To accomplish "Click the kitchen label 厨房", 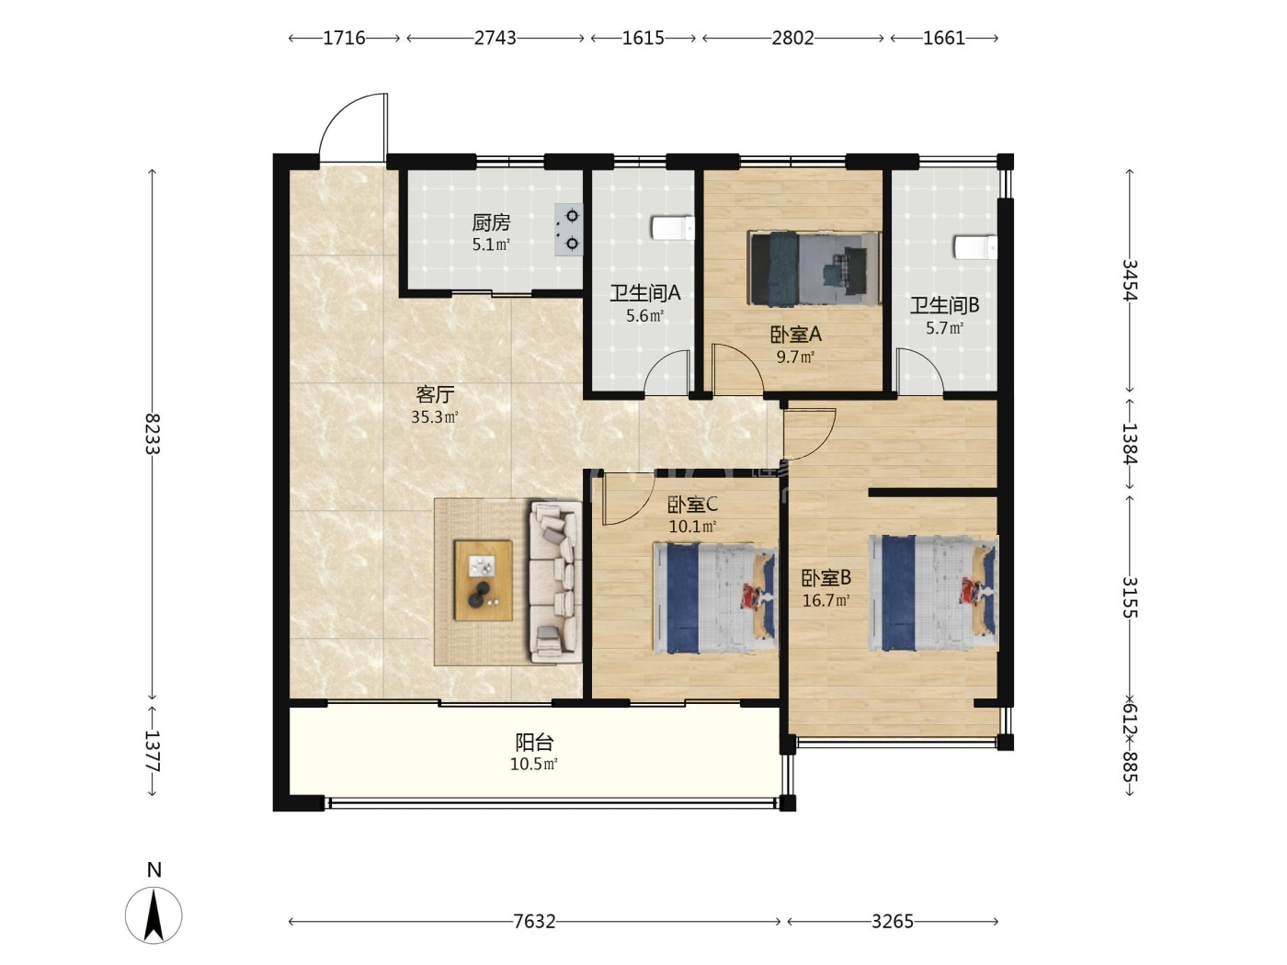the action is [491, 222].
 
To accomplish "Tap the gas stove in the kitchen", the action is [569, 230].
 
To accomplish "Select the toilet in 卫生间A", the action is [673, 228].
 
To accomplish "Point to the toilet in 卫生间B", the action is [975, 247].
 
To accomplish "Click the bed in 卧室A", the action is [814, 268].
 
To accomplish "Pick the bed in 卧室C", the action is [715, 598].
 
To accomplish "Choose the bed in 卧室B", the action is [933, 593].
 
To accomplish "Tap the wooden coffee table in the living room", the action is [484, 581].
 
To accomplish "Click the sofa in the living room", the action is [555, 581].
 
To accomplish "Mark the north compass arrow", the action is [154, 915].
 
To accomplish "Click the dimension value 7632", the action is [534, 922].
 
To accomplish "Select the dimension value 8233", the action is [153, 434].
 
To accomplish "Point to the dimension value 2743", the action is [495, 38].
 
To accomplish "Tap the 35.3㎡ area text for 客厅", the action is [435, 417].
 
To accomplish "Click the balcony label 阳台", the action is [534, 743].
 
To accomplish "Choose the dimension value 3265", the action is [893, 922].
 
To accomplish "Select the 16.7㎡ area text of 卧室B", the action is [826, 600].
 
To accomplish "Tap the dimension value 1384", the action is [1130, 444].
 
